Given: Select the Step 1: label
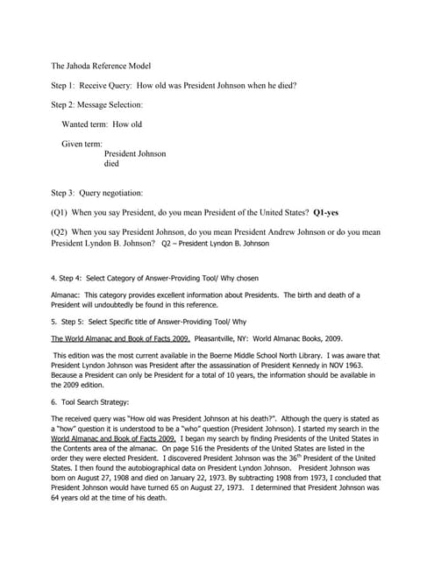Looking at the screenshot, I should (x=68, y=85).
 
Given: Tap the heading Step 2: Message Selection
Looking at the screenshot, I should (x=97, y=105).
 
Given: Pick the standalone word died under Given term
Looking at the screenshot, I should (x=111, y=163).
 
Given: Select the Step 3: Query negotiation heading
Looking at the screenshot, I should (x=97, y=192).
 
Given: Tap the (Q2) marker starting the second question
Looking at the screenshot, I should (x=60, y=232).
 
